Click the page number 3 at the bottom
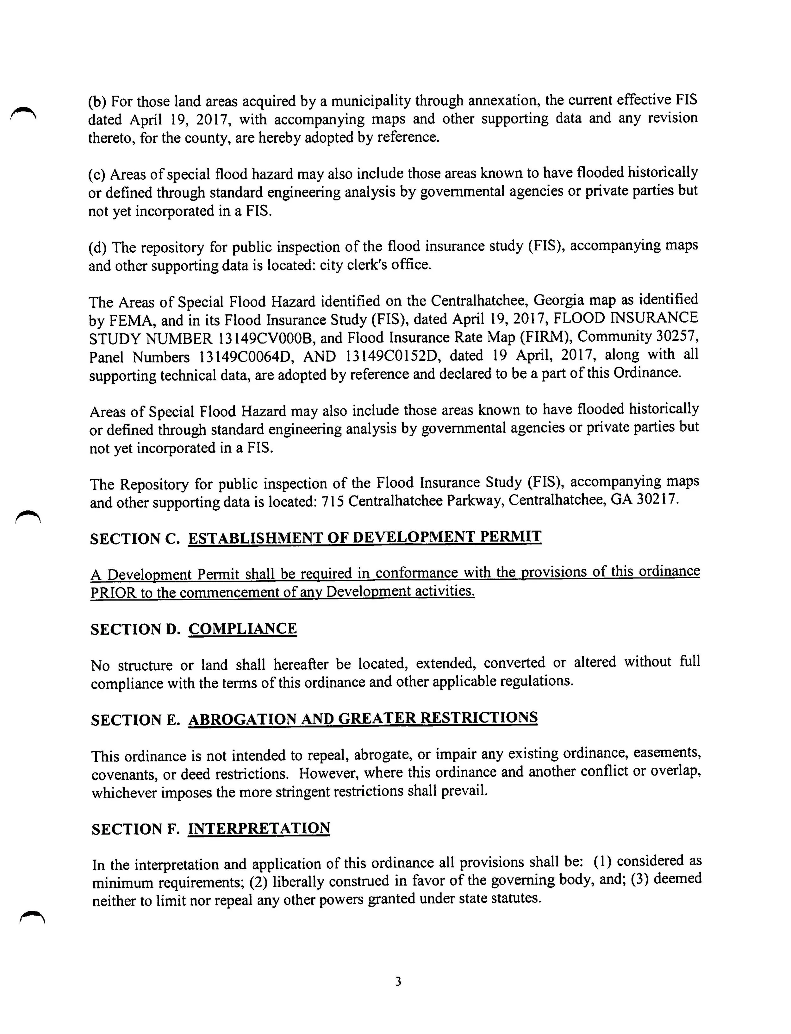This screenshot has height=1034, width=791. (x=398, y=981)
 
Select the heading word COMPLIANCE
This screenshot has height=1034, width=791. (x=242, y=629)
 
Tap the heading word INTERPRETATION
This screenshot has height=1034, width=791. (x=258, y=828)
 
